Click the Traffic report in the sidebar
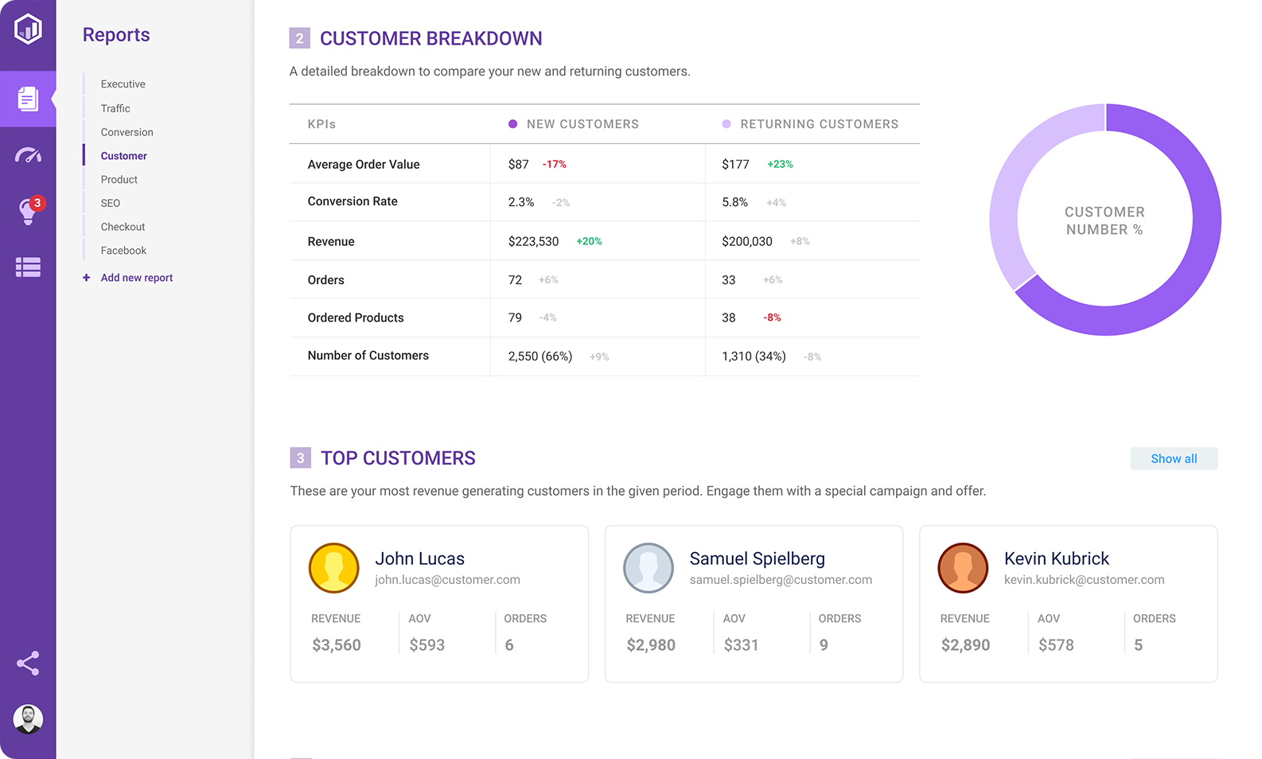coord(115,108)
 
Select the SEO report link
coord(111,203)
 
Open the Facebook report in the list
coord(123,251)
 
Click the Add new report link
coord(136,278)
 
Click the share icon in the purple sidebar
coord(28,664)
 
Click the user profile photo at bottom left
coord(28,719)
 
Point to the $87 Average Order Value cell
coord(519,165)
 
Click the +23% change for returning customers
coord(780,165)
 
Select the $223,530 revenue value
coord(533,242)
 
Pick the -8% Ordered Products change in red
coord(772,317)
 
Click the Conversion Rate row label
coord(353,202)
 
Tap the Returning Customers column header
coord(819,124)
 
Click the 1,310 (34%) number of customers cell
coord(754,356)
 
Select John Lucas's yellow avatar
coord(333,568)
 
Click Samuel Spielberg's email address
coord(781,580)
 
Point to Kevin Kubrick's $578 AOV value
coord(1056,645)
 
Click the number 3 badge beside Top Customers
coord(300,458)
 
